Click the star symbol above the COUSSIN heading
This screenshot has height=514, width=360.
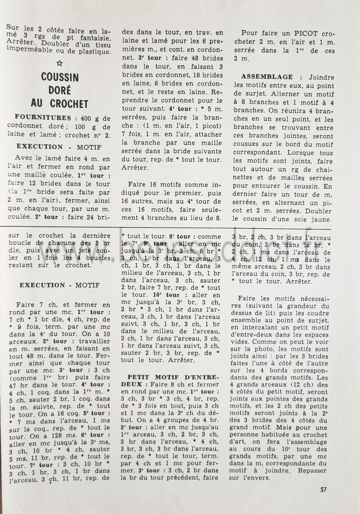click(x=60, y=63)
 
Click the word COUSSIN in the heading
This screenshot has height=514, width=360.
click(x=60, y=78)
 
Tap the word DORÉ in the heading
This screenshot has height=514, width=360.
click(x=60, y=90)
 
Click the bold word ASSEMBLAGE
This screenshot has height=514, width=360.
click(x=268, y=77)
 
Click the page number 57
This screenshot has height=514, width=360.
click(x=324, y=490)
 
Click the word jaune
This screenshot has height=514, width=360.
click(x=320, y=219)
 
